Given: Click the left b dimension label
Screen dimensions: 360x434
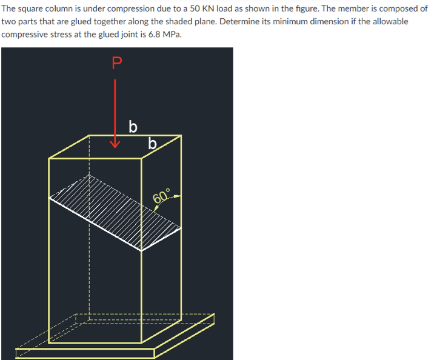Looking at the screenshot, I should pyautogui.click(x=133, y=127).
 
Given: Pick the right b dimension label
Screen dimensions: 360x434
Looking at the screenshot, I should pyautogui.click(x=153, y=144).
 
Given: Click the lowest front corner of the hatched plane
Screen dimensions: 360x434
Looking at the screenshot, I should pyautogui.click(x=142, y=249).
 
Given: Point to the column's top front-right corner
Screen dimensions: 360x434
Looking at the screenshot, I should pyautogui.click(x=142, y=159).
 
